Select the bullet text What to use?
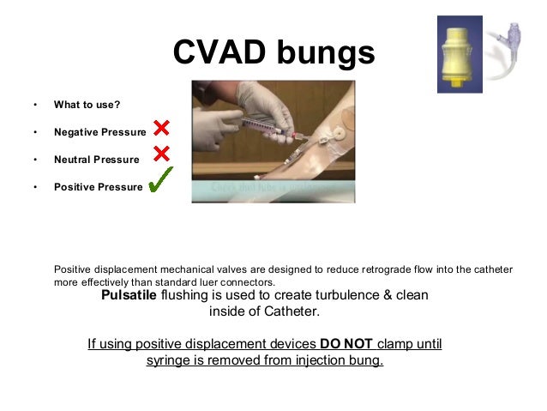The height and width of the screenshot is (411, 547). coord(87,105)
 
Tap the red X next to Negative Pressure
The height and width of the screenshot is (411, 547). coord(161,129)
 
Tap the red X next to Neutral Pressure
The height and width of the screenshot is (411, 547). coord(161,155)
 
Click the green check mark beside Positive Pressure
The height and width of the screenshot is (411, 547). coord(160,180)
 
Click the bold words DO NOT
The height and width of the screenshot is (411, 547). coord(346,344)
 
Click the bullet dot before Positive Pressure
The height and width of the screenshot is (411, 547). coord(35,187)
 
